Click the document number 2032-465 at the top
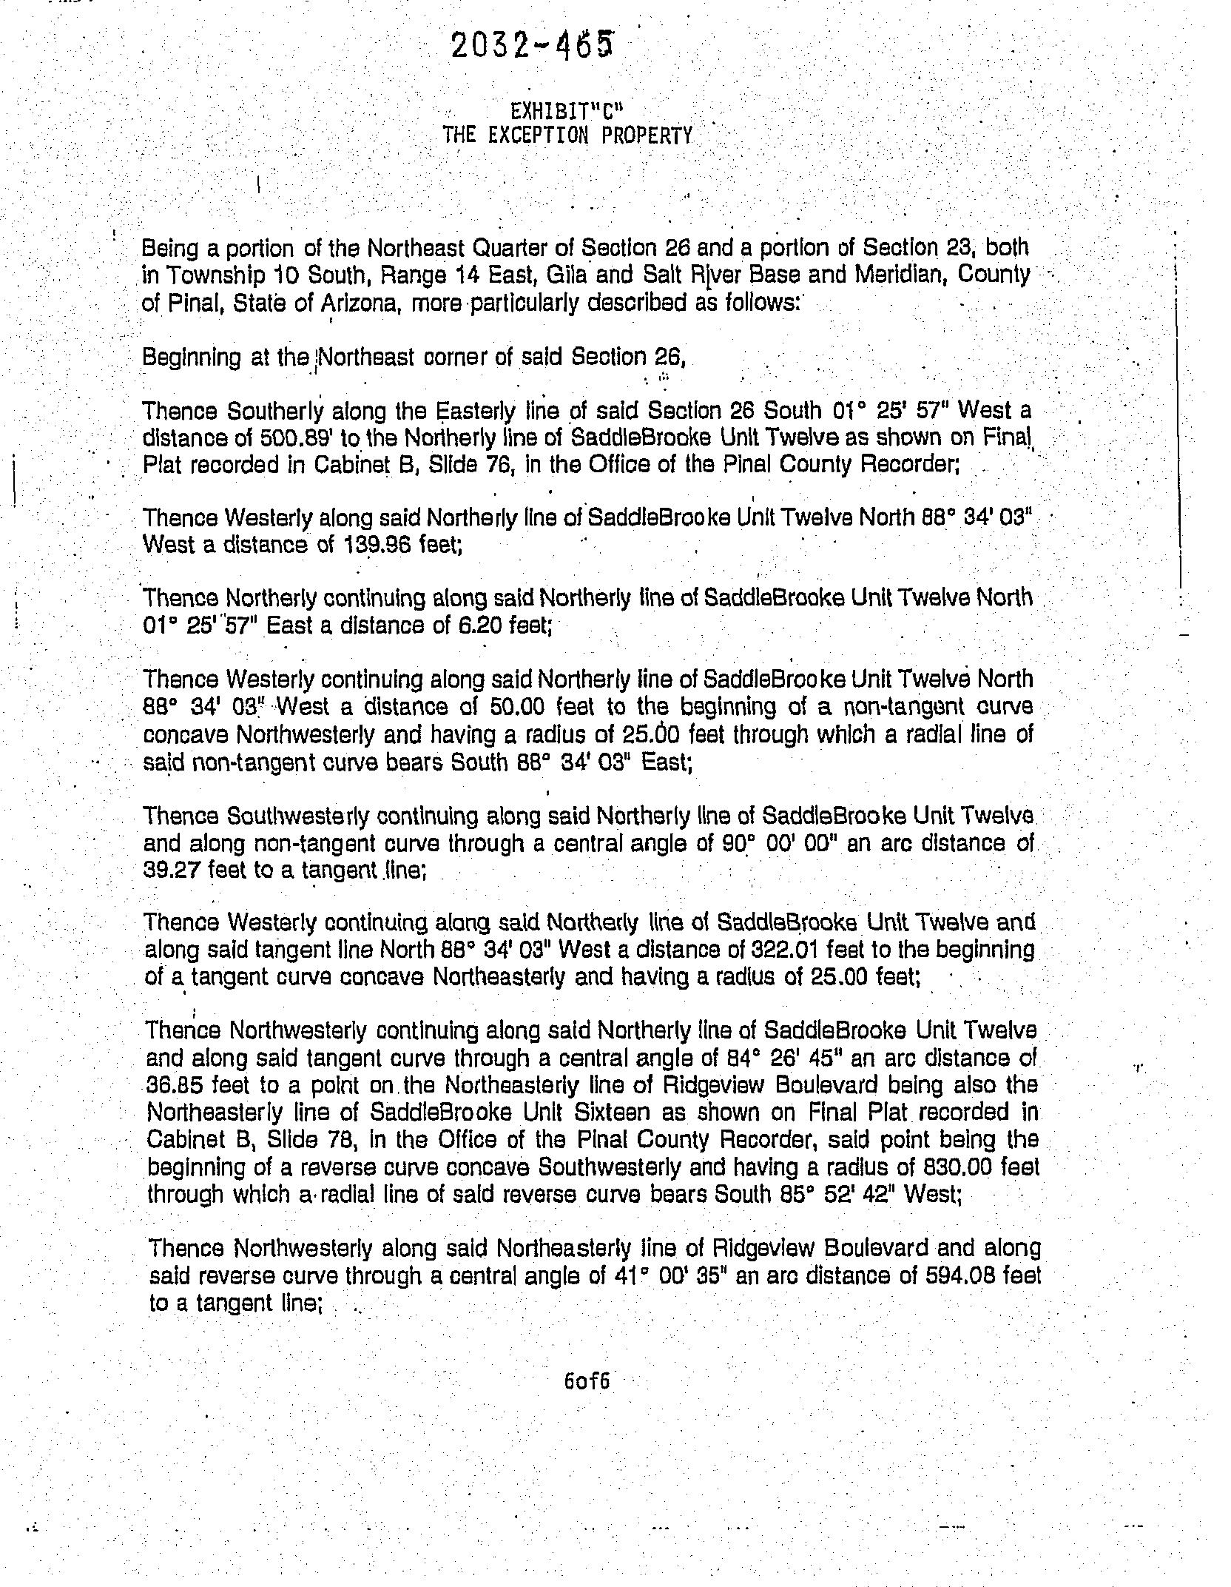(x=531, y=46)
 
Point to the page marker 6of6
(x=587, y=1381)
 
